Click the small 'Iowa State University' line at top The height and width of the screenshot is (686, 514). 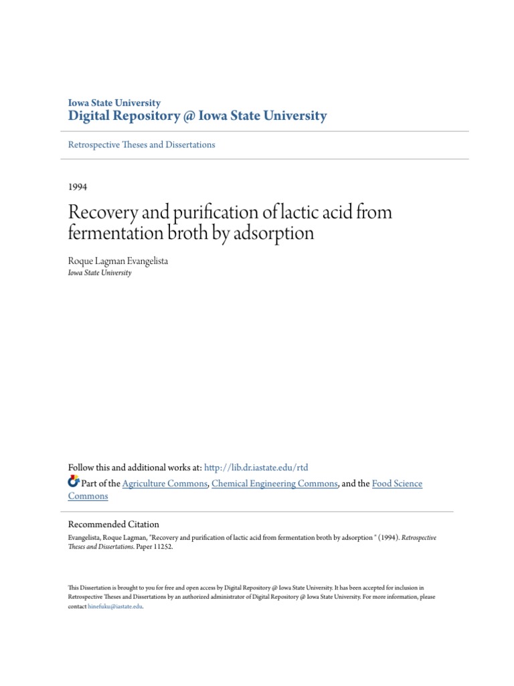114,103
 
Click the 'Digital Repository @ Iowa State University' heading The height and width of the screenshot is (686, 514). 197,116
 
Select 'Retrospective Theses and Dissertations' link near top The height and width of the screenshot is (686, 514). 142,145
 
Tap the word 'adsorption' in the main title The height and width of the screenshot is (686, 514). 276,234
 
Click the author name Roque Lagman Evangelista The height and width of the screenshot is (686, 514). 118,261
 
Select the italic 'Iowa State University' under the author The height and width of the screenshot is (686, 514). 100,273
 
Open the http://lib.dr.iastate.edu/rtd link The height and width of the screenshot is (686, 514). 256,468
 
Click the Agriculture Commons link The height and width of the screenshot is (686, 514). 165,484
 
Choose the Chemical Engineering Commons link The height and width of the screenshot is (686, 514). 274,484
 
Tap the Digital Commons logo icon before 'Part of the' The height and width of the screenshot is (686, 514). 74,482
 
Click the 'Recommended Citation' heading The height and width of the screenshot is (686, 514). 114,525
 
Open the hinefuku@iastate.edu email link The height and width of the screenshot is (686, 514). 115,606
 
